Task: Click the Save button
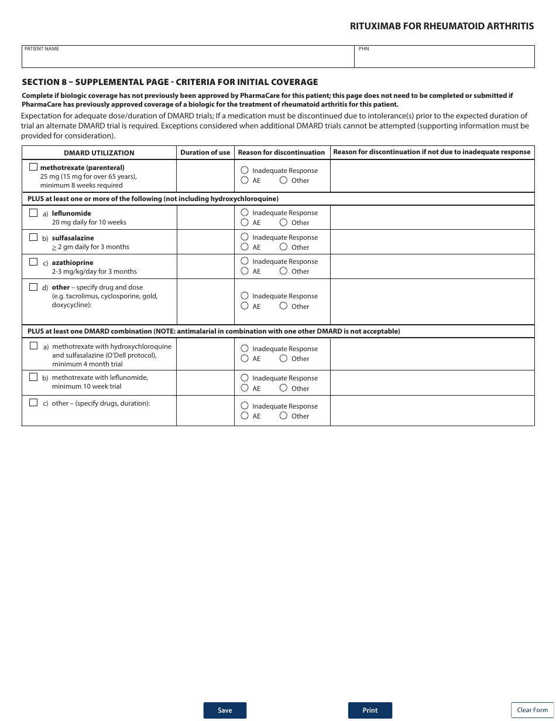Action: pyautogui.click(x=225, y=710)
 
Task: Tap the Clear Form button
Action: pyautogui.click(x=532, y=710)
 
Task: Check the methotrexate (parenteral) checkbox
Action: pyautogui.click(x=33, y=167)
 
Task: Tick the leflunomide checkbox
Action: pyautogui.click(x=33, y=213)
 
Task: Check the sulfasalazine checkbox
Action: pyautogui.click(x=33, y=237)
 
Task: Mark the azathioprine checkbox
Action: pyautogui.click(x=33, y=262)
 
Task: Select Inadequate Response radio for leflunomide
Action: pyautogui.click(x=245, y=212)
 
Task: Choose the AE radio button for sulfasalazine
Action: pyautogui.click(x=245, y=247)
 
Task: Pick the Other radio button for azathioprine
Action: pyautogui.click(x=283, y=271)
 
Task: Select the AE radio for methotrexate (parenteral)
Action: pyautogui.click(x=245, y=180)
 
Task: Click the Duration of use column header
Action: pyautogui.click(x=205, y=152)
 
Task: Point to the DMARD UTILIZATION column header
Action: pyautogui.click(x=99, y=153)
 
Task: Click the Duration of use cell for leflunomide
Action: pyautogui.click(x=205, y=217)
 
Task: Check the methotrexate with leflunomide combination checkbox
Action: pyautogui.click(x=33, y=377)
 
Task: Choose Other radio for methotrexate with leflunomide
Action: pyautogui.click(x=283, y=388)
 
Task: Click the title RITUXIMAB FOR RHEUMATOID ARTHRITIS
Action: pyautogui.click(x=442, y=26)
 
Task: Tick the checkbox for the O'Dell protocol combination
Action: pyautogui.click(x=33, y=346)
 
